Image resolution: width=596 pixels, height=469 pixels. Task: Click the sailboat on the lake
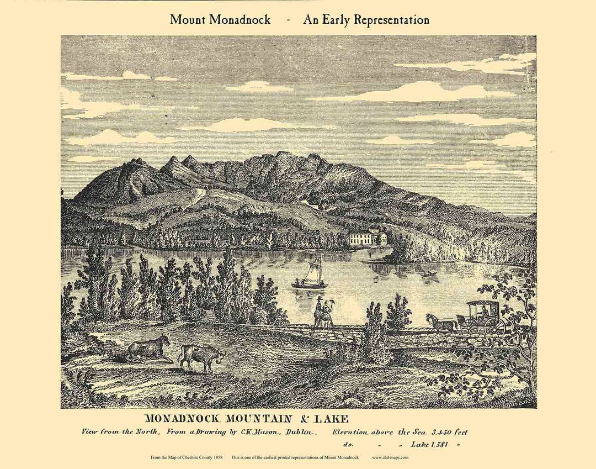(x=311, y=276)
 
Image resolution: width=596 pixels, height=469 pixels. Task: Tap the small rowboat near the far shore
(x=428, y=273)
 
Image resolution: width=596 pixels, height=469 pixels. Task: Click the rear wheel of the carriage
(x=494, y=326)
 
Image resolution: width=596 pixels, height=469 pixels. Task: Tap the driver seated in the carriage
(x=485, y=312)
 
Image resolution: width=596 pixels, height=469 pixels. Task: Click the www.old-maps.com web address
(x=390, y=457)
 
